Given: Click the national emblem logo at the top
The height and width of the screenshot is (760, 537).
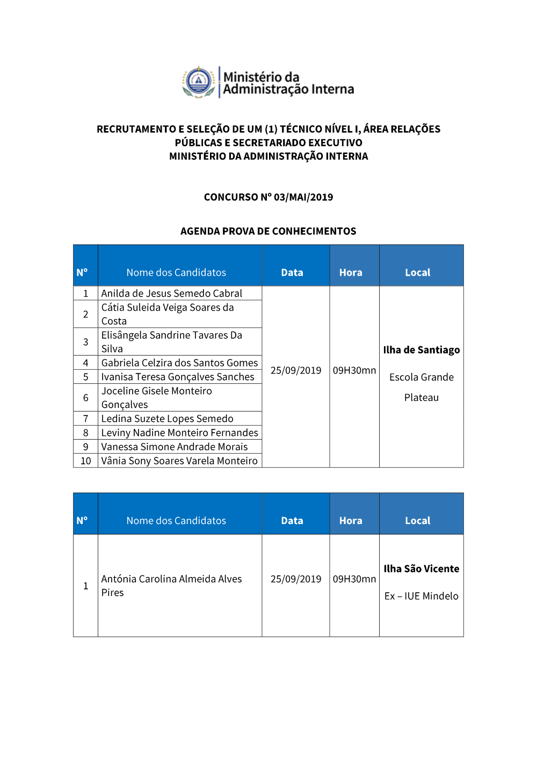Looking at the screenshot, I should click(x=199, y=82).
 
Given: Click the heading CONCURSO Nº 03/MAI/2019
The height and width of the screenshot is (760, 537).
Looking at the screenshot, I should click(x=268, y=197).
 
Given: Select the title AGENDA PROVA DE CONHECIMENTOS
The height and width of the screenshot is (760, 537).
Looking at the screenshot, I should click(x=268, y=231).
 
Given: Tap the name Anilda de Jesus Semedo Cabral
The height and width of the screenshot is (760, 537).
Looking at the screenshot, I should click(x=172, y=293).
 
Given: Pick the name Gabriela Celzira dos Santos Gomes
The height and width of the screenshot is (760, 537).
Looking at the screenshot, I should click(x=179, y=363).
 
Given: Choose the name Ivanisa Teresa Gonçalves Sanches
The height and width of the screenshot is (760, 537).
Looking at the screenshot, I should click(x=178, y=377).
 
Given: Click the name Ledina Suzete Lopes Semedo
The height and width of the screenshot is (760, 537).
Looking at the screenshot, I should click(x=168, y=419).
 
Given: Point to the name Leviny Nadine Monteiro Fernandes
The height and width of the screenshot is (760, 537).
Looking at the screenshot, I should click(x=179, y=433).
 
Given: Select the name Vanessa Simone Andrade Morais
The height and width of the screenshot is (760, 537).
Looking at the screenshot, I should click(x=175, y=447).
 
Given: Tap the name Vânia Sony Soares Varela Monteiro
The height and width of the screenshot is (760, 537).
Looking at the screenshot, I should click(x=179, y=461).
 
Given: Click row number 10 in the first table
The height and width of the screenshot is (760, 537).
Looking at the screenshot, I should click(x=86, y=461).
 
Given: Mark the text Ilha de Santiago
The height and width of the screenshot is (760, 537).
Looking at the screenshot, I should click(x=422, y=350).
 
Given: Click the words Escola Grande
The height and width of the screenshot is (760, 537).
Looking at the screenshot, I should click(x=422, y=377).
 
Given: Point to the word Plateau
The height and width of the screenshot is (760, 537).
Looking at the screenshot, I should click(x=422, y=398).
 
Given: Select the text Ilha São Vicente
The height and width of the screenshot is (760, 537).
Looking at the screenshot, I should click(x=422, y=569).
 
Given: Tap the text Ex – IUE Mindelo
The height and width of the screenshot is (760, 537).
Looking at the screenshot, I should click(x=422, y=596).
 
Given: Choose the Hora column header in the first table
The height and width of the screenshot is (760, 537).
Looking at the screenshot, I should click(x=351, y=273).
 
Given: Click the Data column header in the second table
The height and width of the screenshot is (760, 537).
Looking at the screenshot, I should click(x=292, y=521).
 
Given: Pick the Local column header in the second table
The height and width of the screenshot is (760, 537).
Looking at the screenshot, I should click(x=418, y=521).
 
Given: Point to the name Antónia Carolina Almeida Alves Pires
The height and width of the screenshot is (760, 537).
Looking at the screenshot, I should click(x=171, y=585).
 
